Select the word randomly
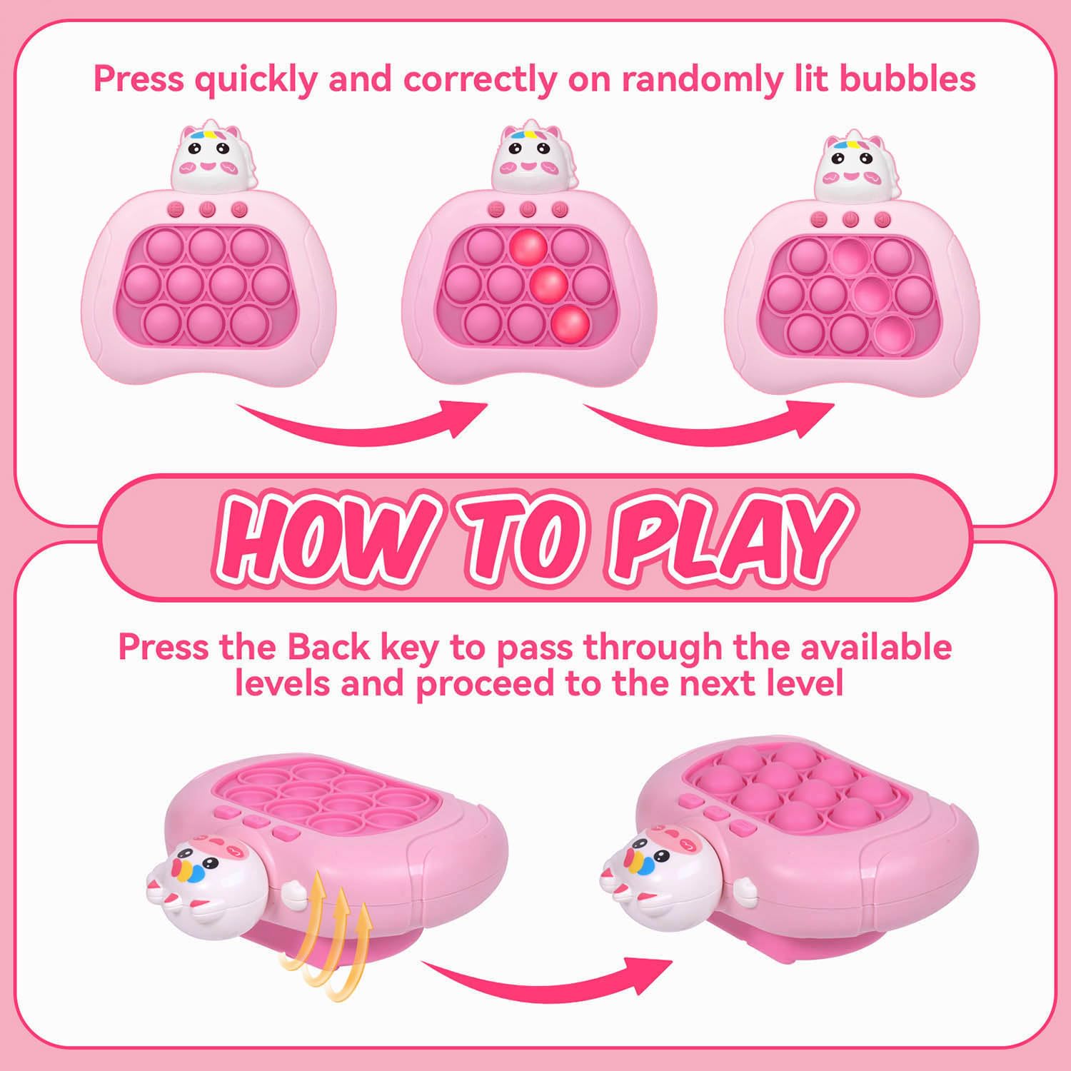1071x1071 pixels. tap(702, 80)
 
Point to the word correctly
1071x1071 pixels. tap(480, 80)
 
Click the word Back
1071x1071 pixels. tap(328, 647)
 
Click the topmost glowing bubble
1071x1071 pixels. tap(528, 246)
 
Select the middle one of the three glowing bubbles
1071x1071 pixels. tap(548, 284)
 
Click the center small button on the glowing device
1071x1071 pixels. tap(528, 210)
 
